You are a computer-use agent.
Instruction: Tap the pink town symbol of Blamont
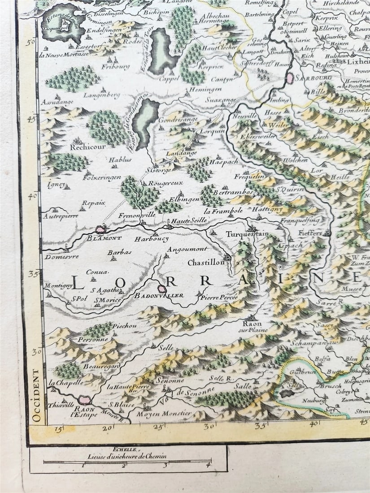[x=101, y=229]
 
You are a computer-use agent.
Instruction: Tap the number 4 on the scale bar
[x=208, y=465]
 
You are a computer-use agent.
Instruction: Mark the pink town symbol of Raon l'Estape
[x=83, y=399]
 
